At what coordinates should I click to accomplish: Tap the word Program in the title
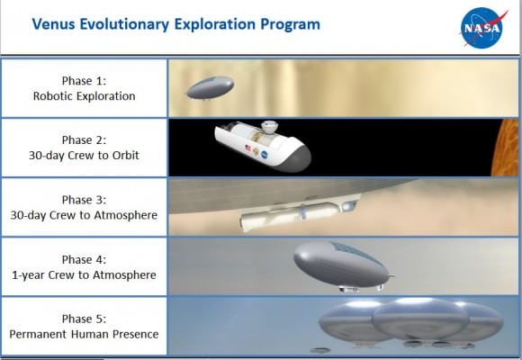[289, 23]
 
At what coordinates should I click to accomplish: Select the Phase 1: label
[84, 80]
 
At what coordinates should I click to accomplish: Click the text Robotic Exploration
[84, 95]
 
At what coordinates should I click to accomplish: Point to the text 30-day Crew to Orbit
[84, 155]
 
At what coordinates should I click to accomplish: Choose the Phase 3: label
[84, 199]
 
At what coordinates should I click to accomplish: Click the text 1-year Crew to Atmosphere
[84, 274]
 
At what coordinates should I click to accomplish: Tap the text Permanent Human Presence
[84, 334]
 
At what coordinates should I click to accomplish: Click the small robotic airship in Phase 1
[210, 87]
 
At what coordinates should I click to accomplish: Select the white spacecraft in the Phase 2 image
[261, 145]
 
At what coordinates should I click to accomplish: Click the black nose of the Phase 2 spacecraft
[297, 158]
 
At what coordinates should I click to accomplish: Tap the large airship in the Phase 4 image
[340, 263]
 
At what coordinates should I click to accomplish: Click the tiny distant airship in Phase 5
[319, 349]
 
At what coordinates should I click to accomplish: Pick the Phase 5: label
[84, 319]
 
